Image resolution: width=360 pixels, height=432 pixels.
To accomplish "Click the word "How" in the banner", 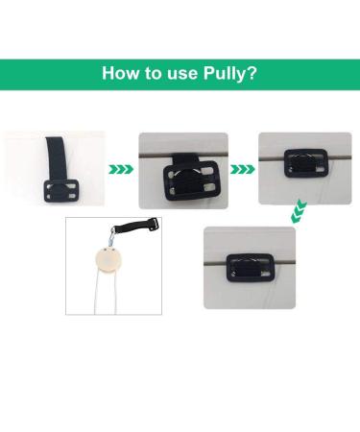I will click(123, 73).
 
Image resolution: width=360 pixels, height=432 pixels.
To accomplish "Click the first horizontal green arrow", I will click(121, 169).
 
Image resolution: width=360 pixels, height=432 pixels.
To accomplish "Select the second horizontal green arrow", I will click(242, 169).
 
